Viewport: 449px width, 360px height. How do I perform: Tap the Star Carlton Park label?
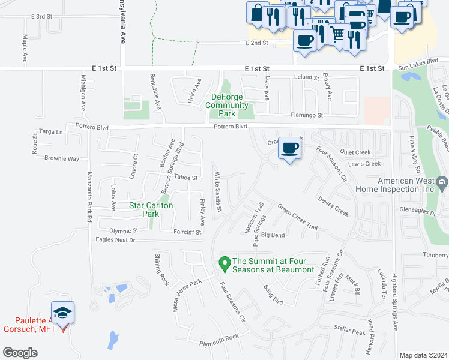pyautogui.click(x=151, y=209)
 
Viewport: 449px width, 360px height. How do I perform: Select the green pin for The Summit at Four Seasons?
pyautogui.click(x=224, y=263)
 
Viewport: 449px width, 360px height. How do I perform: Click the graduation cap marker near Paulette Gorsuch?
pyautogui.click(x=62, y=313)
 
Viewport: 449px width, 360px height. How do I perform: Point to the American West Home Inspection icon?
pyautogui.click(x=442, y=182)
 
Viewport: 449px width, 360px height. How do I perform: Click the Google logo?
pyautogui.click(x=20, y=353)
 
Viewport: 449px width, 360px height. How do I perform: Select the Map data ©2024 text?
pyautogui.click(x=423, y=355)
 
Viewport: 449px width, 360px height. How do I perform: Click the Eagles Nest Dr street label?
pyautogui.click(x=116, y=240)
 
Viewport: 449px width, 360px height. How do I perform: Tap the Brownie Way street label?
pyautogui.click(x=62, y=159)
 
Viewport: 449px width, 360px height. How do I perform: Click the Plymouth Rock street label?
pyautogui.click(x=219, y=337)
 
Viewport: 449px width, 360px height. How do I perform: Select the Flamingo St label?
pyautogui.click(x=307, y=115)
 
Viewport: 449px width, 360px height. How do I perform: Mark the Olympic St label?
pyautogui.click(x=124, y=230)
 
